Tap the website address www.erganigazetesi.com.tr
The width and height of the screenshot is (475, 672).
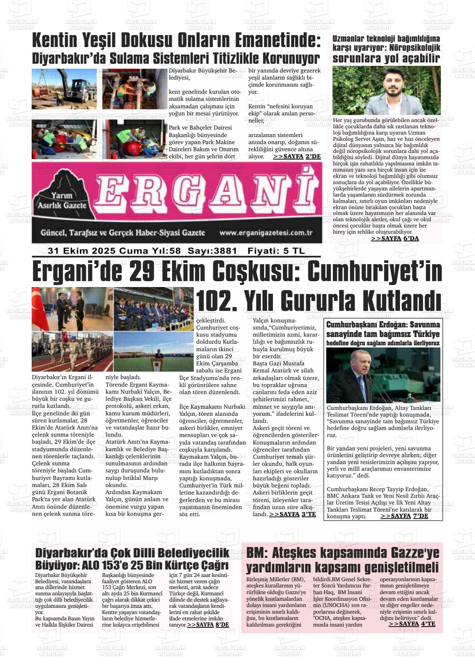(x=266, y=233)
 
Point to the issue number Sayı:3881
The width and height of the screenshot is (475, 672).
(x=212, y=251)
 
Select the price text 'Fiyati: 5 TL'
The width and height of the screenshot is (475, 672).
(x=276, y=251)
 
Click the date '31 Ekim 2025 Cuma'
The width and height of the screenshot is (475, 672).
(x=83, y=251)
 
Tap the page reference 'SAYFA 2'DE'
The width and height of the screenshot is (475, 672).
(x=297, y=156)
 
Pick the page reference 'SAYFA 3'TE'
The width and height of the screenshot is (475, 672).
(x=292, y=514)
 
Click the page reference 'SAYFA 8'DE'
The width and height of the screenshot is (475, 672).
(x=208, y=625)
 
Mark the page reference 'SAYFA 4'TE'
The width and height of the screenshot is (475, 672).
(x=412, y=624)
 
